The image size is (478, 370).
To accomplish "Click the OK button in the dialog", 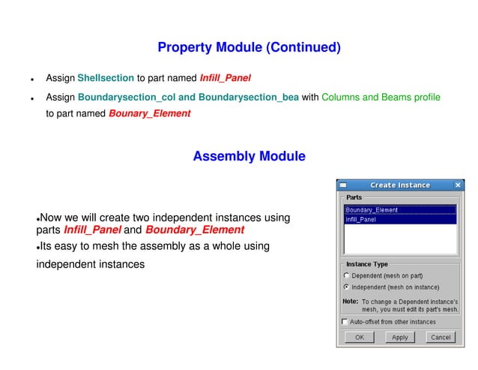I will tap(360, 337).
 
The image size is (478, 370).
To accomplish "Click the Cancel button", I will tap(441, 337).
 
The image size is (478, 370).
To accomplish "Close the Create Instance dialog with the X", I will tap(458, 185).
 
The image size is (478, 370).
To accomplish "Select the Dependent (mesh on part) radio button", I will tap(345, 275).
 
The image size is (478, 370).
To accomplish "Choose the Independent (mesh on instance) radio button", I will tap(345, 287).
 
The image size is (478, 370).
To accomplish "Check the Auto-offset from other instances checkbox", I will tap(345, 322).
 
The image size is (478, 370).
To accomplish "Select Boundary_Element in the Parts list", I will tap(372, 210).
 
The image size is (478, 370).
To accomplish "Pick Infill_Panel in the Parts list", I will tap(361, 219).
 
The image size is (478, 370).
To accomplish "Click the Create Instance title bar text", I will tap(400, 185).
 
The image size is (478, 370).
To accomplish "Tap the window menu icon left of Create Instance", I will tap(342, 185).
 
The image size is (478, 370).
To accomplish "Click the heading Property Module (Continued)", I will tap(249, 48).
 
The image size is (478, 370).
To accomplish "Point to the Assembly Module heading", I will tap(249, 157).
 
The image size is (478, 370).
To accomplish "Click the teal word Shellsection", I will tap(106, 77).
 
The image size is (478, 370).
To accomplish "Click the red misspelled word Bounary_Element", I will tap(149, 114).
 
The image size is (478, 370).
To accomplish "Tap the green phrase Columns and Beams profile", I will tap(381, 98).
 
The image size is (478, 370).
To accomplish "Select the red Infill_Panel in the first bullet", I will tap(225, 77).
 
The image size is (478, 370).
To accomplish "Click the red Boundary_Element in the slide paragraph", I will tap(195, 230).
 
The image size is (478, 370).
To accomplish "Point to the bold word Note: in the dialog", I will tap(350, 301).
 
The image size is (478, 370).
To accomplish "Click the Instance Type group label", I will tap(366, 264).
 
